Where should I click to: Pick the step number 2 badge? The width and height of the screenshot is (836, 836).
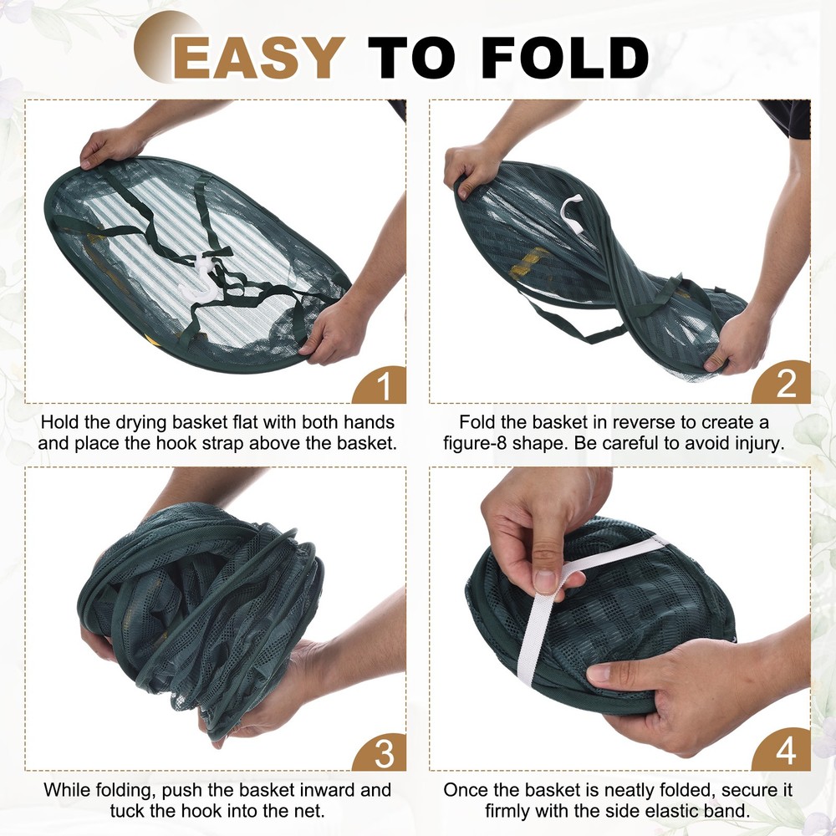(786, 384)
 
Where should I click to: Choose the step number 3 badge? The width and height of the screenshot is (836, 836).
(383, 752)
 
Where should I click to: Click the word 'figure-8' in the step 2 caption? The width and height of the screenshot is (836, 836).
(486, 443)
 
